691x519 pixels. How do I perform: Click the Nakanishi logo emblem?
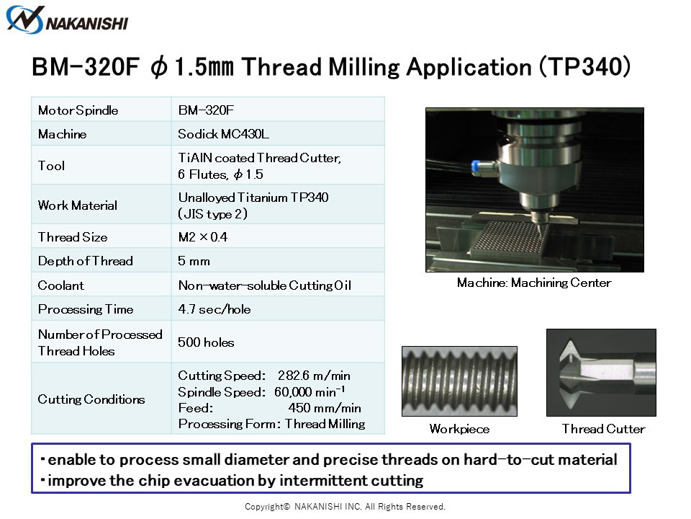[25, 20]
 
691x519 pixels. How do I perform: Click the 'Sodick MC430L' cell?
[223, 134]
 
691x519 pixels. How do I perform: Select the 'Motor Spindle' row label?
[78, 110]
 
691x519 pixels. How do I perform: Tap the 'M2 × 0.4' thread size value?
[203, 237]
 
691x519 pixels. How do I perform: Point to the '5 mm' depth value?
[194, 261]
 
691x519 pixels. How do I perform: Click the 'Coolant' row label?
[60, 285]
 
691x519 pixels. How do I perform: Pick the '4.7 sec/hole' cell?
[214, 309]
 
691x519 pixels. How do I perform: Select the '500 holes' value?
[206, 342]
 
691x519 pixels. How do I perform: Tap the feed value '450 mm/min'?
[325, 408]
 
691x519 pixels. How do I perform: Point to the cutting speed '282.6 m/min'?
[314, 376]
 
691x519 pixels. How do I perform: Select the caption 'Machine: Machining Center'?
[534, 283]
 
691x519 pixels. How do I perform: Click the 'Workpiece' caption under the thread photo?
[459, 428]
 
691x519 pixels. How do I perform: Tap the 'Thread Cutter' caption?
[603, 428]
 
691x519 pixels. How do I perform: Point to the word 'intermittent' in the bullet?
[323, 480]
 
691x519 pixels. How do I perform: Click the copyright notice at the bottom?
[345, 507]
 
